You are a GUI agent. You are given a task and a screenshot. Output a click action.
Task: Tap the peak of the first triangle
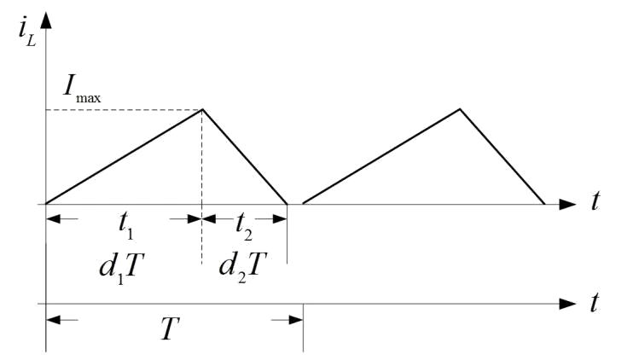203,109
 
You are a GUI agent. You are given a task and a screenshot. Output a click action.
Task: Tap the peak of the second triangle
461,109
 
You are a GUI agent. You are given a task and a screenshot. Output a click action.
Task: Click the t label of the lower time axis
595,302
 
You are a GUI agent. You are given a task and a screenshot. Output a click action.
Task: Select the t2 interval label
243,226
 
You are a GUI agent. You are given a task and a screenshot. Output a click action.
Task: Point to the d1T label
119,267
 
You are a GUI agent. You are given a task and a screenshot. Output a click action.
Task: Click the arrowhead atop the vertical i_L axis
46,20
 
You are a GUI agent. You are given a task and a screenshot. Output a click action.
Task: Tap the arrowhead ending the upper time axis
568,205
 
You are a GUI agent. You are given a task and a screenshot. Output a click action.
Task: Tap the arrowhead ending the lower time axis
568,304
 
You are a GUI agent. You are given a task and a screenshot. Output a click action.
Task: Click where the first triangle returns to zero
287,204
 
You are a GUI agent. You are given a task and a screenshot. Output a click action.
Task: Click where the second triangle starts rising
304,204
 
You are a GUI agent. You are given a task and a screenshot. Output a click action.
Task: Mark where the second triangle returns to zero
544,204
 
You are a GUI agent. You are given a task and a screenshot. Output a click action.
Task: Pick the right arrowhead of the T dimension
295,320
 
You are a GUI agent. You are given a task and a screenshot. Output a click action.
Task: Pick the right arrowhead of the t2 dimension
280,218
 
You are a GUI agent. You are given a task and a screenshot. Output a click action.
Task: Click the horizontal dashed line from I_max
125,109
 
